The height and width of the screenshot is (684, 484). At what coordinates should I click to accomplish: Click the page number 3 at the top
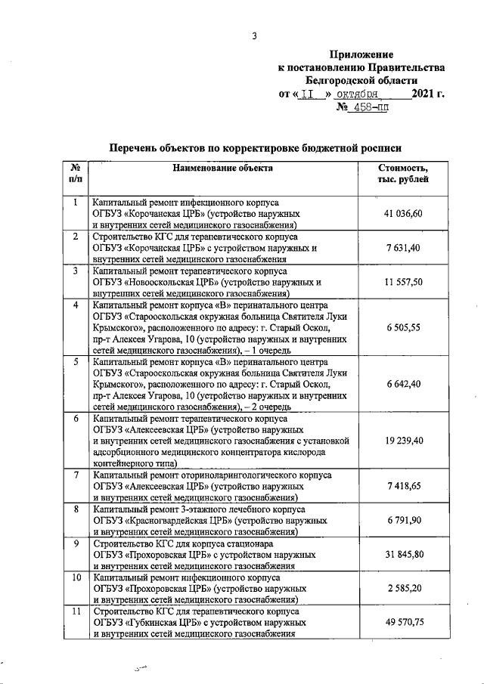255,36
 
